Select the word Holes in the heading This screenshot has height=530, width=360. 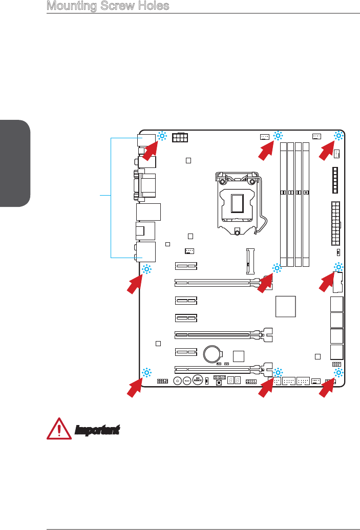(151, 6)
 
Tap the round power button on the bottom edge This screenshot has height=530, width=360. (177, 381)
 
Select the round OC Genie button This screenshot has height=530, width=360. (198, 381)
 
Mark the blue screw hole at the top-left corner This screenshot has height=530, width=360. (162, 136)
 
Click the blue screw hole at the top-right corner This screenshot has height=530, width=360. (338, 136)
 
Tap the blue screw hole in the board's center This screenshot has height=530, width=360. (277, 268)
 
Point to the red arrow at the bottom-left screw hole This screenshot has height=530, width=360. (135, 387)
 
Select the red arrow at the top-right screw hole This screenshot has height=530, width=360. (327, 151)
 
